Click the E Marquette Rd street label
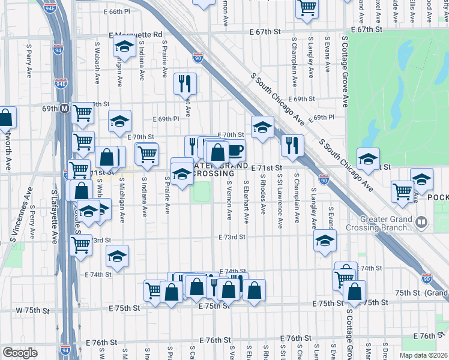click(135, 35)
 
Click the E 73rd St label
click(232, 237)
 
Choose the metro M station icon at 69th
click(64, 109)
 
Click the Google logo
click(20, 352)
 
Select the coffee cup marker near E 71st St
click(236, 150)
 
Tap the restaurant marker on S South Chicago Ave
click(292, 145)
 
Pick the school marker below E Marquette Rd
click(123, 45)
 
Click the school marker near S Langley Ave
click(325, 241)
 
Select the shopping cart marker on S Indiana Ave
click(146, 154)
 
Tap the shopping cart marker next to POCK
click(402, 191)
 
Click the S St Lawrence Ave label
click(280, 201)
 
